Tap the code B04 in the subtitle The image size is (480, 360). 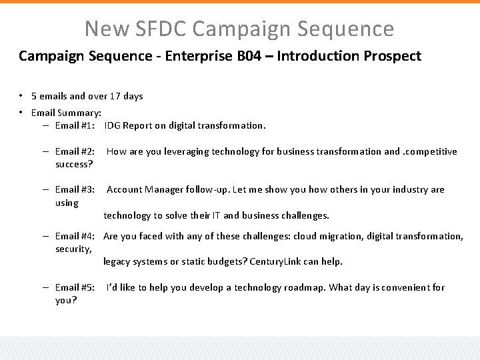point(250,56)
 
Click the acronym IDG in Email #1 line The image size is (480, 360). point(113,125)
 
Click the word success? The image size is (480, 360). point(74,164)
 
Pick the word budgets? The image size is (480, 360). point(224,261)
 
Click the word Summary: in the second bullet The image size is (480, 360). point(79,113)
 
